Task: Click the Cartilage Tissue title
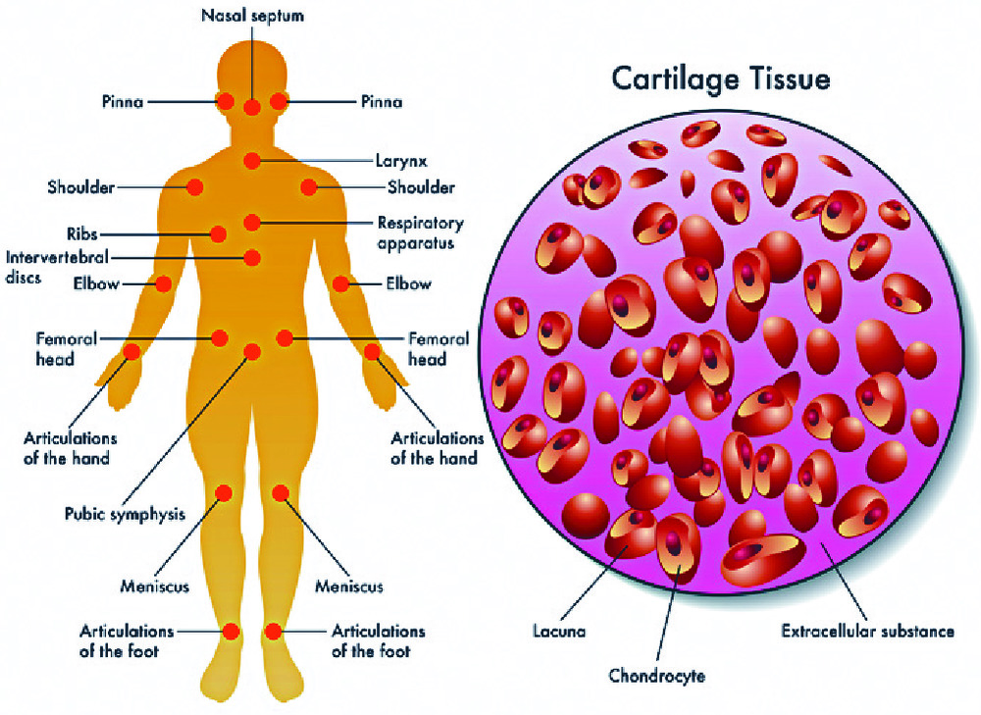[720, 78]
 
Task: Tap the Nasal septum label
[251, 16]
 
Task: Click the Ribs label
[82, 234]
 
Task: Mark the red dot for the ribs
[218, 234]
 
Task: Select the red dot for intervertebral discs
[252, 258]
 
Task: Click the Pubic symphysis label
[125, 513]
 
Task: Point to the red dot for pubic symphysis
[252, 351]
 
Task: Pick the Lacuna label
[559, 632]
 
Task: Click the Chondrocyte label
[656, 676]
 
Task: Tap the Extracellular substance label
[867, 632]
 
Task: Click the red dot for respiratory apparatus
[252, 223]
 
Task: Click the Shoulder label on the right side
[421, 187]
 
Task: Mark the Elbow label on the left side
[96, 284]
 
